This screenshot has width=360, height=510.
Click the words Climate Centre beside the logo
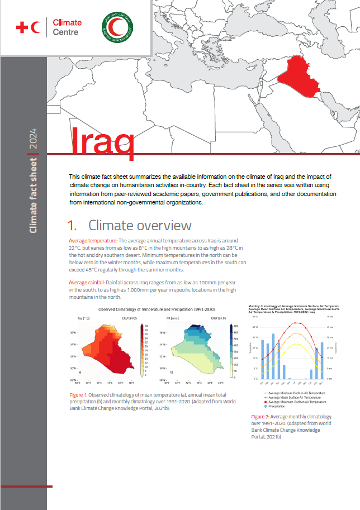pyautogui.click(x=66, y=27)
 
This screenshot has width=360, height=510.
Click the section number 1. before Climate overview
pyautogui.click(x=72, y=226)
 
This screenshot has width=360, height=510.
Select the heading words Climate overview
pyautogui.click(x=140, y=226)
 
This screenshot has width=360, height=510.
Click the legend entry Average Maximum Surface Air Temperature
pyautogui.click(x=297, y=402)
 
